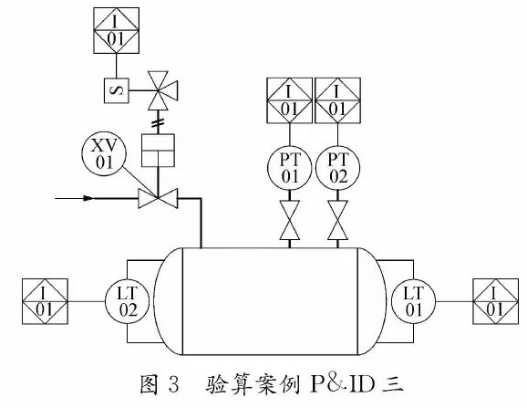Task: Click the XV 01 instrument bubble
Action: pyautogui.click(x=102, y=152)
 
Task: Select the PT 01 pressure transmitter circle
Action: pyautogui.click(x=290, y=168)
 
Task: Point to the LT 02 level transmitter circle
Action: pyautogui.click(x=127, y=299)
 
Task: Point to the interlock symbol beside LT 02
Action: pyautogui.click(x=46, y=301)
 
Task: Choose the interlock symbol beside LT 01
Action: pyautogui.click(x=496, y=301)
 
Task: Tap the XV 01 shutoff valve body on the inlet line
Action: pyautogui.click(x=158, y=196)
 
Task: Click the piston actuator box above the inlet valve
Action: pyautogui.click(x=158, y=149)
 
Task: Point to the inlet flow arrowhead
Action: pyautogui.click(x=88, y=196)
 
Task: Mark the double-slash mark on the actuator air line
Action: pyautogui.click(x=158, y=120)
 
